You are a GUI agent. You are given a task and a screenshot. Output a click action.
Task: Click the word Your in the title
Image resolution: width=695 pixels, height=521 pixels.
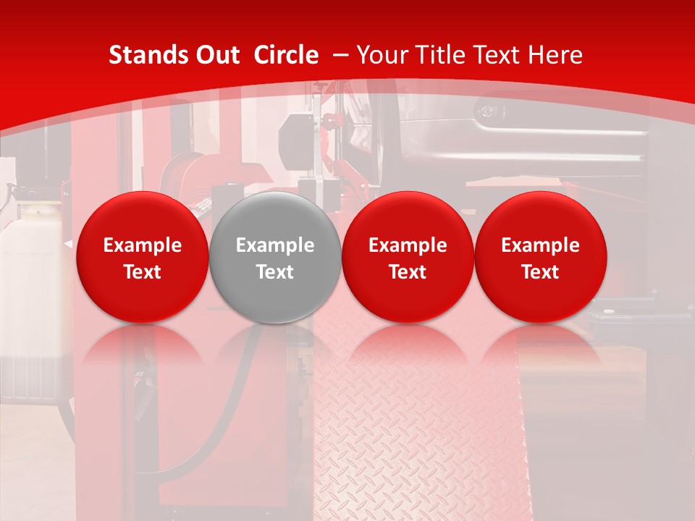[384, 55]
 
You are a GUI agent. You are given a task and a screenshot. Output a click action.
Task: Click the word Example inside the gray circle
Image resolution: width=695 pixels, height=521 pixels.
[275, 245]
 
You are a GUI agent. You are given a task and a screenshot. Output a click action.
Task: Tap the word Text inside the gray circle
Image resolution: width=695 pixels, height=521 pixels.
[275, 272]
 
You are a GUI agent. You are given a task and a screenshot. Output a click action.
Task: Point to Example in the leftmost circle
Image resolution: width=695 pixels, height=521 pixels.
[142, 245]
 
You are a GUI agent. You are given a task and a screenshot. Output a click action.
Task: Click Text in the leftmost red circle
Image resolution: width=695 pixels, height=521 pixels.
[142, 272]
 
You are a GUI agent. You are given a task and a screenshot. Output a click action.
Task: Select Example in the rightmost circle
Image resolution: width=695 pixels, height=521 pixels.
[541, 245]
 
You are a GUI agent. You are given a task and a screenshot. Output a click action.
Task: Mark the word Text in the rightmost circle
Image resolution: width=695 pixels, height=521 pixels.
[541, 272]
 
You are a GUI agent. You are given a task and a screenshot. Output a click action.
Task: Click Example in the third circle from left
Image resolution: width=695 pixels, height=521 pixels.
[408, 245]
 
